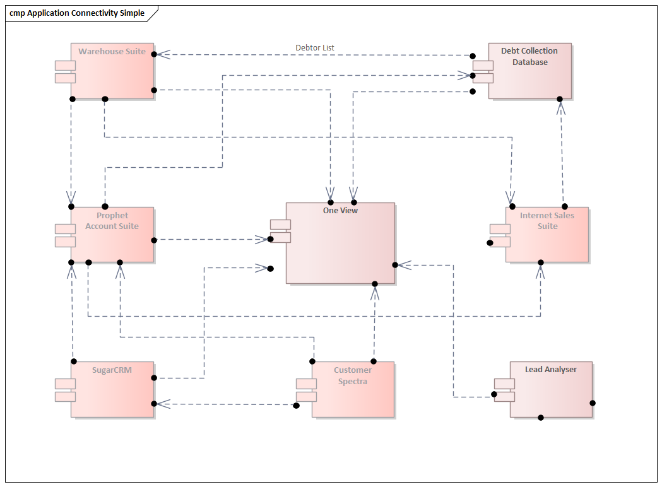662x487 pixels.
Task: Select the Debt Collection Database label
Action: (x=529, y=56)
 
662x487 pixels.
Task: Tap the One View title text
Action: (x=340, y=210)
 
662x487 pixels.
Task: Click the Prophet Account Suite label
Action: (x=112, y=221)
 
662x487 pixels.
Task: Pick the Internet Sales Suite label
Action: (x=547, y=220)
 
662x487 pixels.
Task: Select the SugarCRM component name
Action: (x=112, y=370)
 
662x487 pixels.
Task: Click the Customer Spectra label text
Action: (x=353, y=375)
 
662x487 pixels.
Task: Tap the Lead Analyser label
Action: (x=550, y=369)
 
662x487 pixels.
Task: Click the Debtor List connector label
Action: (x=314, y=47)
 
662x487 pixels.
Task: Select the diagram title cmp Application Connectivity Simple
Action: (x=76, y=13)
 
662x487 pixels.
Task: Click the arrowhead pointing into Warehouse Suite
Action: (x=163, y=55)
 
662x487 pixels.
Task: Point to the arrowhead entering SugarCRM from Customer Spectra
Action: (x=163, y=404)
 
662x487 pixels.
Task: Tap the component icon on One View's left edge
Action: (x=280, y=230)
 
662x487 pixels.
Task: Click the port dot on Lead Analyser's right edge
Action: (x=593, y=402)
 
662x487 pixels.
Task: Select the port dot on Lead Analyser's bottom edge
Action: (x=541, y=418)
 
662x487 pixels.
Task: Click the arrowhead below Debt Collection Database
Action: (x=560, y=108)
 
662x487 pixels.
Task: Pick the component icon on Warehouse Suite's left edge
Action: (x=65, y=72)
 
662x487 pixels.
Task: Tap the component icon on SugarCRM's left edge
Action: (x=65, y=390)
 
